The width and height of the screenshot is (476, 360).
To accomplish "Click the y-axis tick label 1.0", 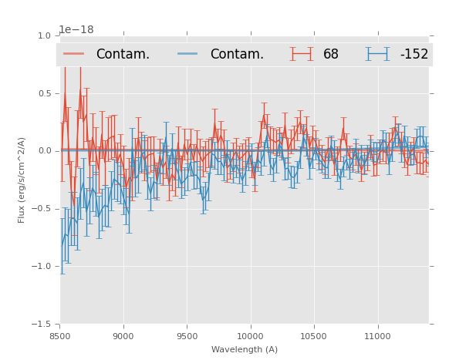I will point(43,36).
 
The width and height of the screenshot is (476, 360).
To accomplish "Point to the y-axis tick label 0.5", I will point(43,94).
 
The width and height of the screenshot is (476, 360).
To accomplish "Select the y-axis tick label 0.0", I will point(43,151).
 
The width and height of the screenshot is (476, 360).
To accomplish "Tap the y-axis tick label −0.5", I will point(42,209).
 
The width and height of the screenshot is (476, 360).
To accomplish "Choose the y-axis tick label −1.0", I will point(42,267).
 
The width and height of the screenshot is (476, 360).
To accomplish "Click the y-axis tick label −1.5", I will point(42,325).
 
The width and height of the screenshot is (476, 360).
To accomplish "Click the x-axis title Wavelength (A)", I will point(245,349).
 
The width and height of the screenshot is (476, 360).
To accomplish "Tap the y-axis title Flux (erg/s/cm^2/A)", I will point(22,180).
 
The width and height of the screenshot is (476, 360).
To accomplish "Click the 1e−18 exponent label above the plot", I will point(76,30).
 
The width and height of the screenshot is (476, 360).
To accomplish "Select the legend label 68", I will point(331,55).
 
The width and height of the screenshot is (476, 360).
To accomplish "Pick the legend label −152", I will point(414,55).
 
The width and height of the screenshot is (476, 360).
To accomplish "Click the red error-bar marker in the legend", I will point(301,54).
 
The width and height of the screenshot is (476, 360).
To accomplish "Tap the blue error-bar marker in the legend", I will point(377,54).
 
